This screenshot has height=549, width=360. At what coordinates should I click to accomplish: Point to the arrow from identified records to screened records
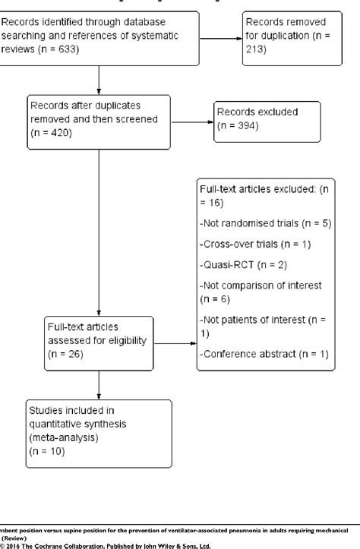(x=99, y=79)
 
